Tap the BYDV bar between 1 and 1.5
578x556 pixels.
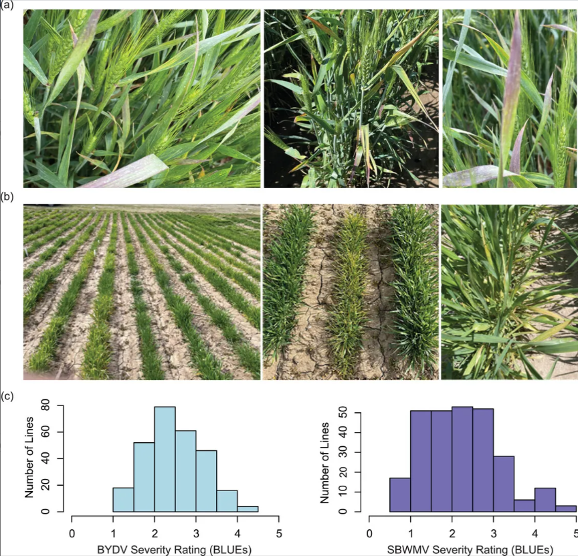point(123,500)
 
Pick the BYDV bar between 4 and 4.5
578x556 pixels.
point(248,508)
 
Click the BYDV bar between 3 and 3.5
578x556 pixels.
point(206,481)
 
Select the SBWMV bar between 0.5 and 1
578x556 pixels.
point(400,495)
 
